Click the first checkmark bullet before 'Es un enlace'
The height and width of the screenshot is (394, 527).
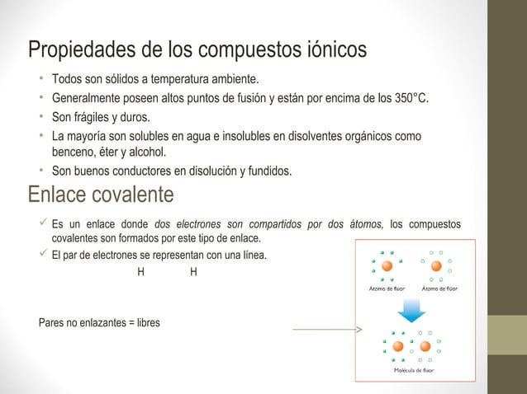click(x=33, y=224)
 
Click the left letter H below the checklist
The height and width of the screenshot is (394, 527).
click(x=140, y=271)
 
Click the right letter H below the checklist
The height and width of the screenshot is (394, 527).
click(x=192, y=271)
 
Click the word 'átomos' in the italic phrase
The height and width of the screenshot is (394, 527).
click(x=360, y=224)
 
